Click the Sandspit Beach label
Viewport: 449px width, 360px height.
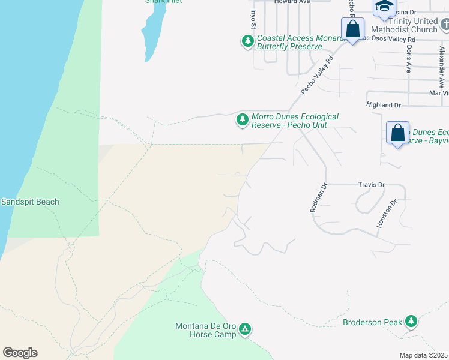(30, 202)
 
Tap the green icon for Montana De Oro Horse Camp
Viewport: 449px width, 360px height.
(245, 329)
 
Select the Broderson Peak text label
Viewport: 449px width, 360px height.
(372, 322)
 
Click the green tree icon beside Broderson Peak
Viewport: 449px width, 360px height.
(411, 322)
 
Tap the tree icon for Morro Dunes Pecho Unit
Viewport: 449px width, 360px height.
(242, 120)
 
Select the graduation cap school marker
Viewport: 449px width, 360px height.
(384, 8)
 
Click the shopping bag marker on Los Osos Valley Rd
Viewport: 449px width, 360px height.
(353, 29)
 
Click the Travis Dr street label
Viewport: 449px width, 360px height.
(371, 185)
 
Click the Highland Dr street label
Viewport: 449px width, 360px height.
(383, 105)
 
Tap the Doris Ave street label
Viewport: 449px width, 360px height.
(408, 60)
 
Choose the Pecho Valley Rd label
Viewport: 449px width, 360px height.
(317, 76)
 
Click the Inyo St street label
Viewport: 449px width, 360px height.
(253, 18)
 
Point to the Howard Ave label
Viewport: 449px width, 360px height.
(292, 2)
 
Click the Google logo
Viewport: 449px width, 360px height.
(20, 353)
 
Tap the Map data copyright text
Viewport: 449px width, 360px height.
(424, 355)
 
